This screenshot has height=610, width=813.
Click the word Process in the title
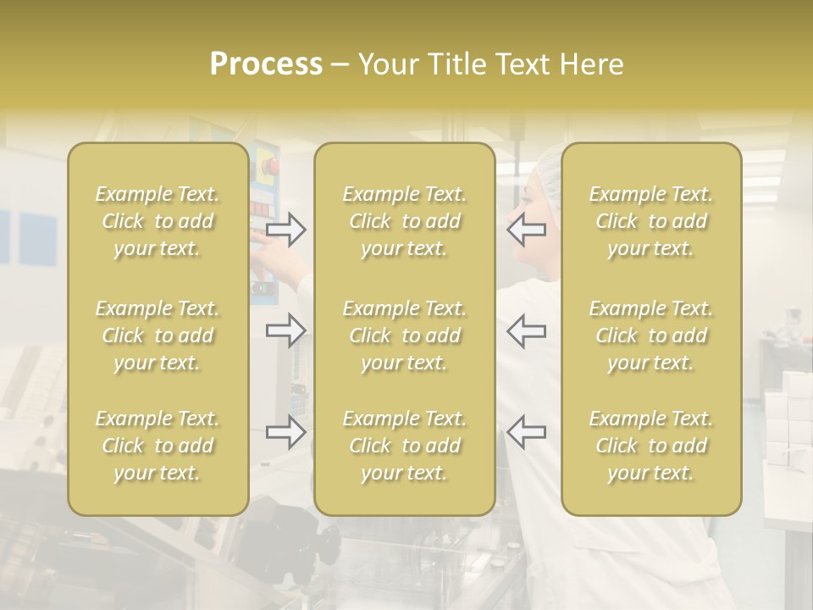pyautogui.click(x=266, y=64)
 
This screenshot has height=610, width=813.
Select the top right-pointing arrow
pyautogui.click(x=285, y=230)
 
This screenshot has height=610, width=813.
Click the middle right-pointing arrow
pyautogui.click(x=285, y=330)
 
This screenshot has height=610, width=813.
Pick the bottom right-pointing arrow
pyautogui.click(x=285, y=432)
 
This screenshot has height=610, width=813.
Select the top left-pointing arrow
pyautogui.click(x=526, y=230)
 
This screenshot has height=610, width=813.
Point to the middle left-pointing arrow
pyautogui.click(x=526, y=330)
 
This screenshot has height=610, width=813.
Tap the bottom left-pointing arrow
pyautogui.click(x=526, y=432)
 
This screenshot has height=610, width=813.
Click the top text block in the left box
pyautogui.click(x=158, y=221)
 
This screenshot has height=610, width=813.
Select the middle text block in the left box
pyautogui.click(x=158, y=335)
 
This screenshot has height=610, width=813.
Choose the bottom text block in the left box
pyautogui.click(x=158, y=446)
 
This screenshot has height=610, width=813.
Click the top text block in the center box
pyautogui.click(x=404, y=221)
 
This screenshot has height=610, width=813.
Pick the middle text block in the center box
pyautogui.click(x=404, y=335)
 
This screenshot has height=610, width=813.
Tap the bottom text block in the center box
pyautogui.click(x=404, y=446)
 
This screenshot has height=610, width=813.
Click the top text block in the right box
pyautogui.click(x=650, y=221)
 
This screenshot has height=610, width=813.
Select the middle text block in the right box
pyautogui.click(x=650, y=335)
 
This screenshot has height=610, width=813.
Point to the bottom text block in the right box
pyautogui.click(x=650, y=446)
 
